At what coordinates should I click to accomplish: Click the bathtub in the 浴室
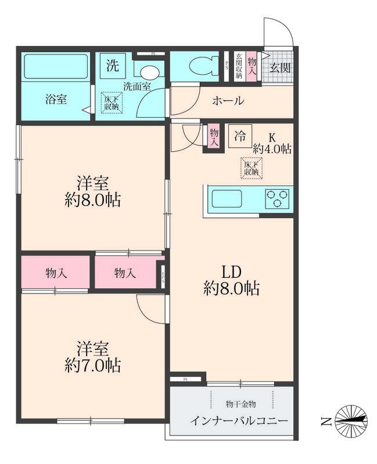pyautogui.click(x=55, y=67)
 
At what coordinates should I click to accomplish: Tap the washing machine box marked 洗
pyautogui.click(x=112, y=66)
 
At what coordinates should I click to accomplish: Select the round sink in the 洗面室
pyautogui.click(x=150, y=72)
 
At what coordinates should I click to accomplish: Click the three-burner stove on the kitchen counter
pyautogui.click(x=278, y=199)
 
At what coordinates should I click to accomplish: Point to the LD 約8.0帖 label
pyautogui.click(x=231, y=280)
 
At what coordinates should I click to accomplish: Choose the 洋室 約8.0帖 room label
pyautogui.click(x=93, y=192)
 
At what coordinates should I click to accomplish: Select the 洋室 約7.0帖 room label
pyautogui.click(x=93, y=357)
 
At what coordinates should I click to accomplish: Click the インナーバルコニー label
pyautogui.click(x=238, y=420)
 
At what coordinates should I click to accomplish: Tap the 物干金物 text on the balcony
pyautogui.click(x=240, y=403)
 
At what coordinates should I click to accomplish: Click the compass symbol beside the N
pyautogui.click(x=351, y=420)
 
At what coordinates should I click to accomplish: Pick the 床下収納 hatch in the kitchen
pyautogui.click(x=251, y=168)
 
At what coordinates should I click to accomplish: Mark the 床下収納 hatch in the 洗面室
pyautogui.click(x=112, y=103)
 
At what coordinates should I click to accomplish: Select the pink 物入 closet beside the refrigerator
pyautogui.click(x=214, y=137)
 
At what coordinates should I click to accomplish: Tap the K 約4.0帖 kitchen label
pyautogui.click(x=271, y=144)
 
